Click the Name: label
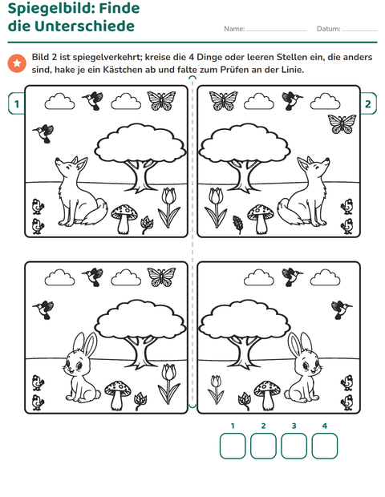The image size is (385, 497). pyautogui.click(x=234, y=29)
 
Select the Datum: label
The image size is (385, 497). pyautogui.click(x=329, y=29)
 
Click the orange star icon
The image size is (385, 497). pyautogui.click(x=17, y=63)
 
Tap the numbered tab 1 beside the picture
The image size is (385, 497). pyautogui.click(x=17, y=103)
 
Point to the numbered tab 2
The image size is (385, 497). pyautogui.click(x=368, y=103)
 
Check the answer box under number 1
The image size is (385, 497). pyautogui.click(x=233, y=446)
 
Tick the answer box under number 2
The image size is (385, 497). pyautogui.click(x=263, y=446)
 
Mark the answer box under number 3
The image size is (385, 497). pyautogui.click(x=294, y=446)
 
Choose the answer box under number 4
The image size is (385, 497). pyautogui.click(x=324, y=446)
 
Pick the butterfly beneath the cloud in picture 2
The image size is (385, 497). pyautogui.click(x=342, y=124)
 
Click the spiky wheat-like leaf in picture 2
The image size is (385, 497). pyautogui.click(x=238, y=224)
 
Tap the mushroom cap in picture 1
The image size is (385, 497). pyautogui.click(x=124, y=211)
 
